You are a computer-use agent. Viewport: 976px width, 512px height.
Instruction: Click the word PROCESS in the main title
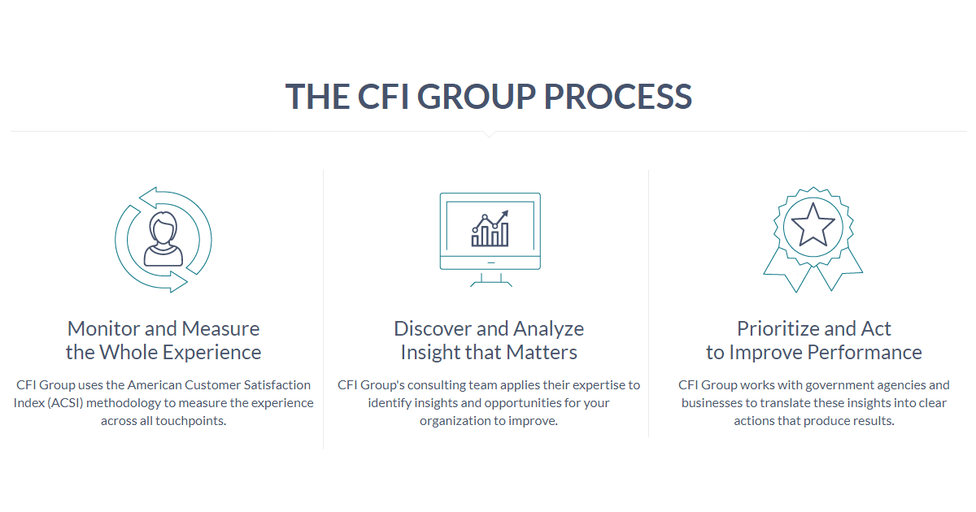[x=618, y=96]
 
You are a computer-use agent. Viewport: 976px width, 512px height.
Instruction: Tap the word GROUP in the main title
[x=477, y=96]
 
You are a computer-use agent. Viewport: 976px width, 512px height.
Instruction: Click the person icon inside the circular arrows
[x=163, y=239]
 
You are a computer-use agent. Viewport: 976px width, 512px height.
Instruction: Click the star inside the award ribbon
[x=813, y=225]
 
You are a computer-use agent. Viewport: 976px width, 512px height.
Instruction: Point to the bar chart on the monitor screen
[x=490, y=228]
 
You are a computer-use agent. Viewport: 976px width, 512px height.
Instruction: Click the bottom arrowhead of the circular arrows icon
[x=179, y=282]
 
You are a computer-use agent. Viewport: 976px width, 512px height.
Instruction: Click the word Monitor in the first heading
[x=104, y=328]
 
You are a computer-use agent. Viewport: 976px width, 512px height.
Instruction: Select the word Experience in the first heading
[x=211, y=353]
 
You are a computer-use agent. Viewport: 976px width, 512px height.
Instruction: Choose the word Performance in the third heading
[x=865, y=352]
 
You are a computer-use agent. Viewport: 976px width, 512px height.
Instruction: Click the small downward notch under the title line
[x=489, y=134]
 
